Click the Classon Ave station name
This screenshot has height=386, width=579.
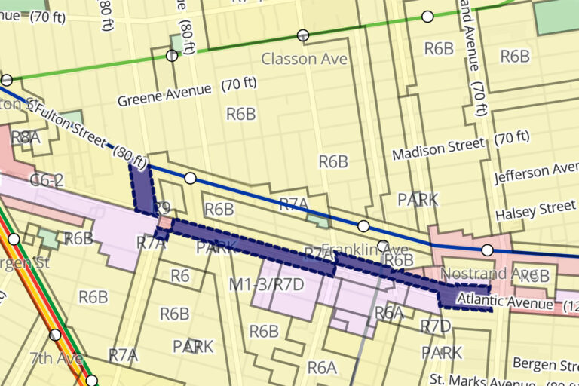pos(305,58)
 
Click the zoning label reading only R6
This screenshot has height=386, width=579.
pos(179,275)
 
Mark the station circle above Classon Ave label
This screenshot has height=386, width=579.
pos(303,35)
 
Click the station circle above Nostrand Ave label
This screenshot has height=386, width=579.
pos(487,250)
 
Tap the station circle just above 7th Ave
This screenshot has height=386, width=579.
pos(55,335)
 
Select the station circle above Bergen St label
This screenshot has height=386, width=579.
pos(14,240)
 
